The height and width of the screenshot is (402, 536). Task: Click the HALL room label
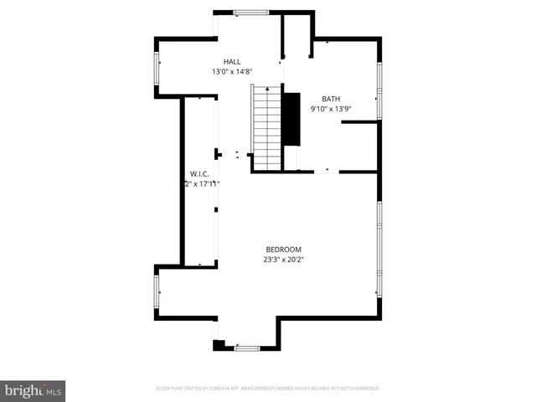[x=232, y=61]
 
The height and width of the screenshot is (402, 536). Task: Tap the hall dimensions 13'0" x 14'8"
[x=232, y=72]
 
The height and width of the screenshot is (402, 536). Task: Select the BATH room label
[x=330, y=98]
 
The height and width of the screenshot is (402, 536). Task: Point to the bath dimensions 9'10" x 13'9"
[x=329, y=109]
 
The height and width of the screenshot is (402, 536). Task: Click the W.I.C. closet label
[x=199, y=173]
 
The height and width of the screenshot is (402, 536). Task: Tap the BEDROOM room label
[x=283, y=249]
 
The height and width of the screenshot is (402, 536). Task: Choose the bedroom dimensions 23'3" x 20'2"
[x=283, y=260]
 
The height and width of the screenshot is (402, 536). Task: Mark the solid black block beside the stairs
[x=291, y=118]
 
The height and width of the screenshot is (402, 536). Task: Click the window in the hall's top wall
[x=250, y=12]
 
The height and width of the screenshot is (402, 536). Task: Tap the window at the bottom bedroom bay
[x=247, y=347]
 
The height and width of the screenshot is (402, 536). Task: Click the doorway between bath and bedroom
[x=327, y=172]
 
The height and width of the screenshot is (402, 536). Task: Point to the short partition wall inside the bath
[x=361, y=122]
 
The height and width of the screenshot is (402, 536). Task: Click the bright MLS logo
[x=33, y=390]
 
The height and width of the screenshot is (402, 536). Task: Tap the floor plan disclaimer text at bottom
[x=268, y=389]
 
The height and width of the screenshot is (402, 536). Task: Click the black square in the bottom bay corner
[x=219, y=344]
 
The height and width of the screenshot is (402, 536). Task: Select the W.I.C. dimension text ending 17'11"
[x=201, y=184]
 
